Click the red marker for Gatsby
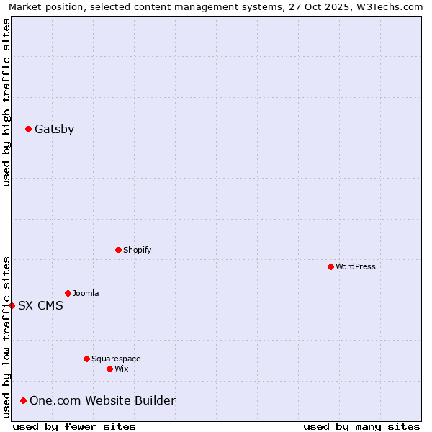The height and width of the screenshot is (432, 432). point(28,130)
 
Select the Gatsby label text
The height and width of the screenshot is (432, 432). point(54,130)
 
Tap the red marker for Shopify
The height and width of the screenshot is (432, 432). point(118,251)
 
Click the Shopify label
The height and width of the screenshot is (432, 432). point(137,251)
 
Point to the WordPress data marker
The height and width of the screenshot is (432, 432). point(330,267)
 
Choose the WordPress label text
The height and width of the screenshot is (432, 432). point(355,267)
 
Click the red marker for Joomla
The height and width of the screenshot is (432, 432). point(68,294)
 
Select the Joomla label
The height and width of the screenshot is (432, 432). point(86,294)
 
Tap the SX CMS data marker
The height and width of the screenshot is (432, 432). point(12,306)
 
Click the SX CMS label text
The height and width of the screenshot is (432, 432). point(40,306)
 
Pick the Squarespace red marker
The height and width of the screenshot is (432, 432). point(86,359)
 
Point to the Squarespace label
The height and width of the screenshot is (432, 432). point(116,359)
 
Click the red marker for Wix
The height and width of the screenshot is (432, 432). point(109,369)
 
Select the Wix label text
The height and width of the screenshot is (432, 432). point(121,369)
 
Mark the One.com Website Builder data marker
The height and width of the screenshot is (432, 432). point(24,401)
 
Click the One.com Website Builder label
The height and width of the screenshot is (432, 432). point(102,401)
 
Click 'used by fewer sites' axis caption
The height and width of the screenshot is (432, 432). point(74,426)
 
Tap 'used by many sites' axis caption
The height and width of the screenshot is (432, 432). point(361,426)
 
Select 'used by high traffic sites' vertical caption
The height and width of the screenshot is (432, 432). point(6,102)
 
